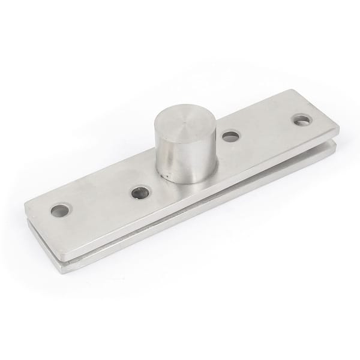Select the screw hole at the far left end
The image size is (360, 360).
click(59, 211)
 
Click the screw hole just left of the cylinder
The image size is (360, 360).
click(140, 193)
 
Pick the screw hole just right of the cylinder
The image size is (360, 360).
click(231, 136)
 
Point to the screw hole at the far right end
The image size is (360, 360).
click(302, 120)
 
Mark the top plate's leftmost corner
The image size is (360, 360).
click(25, 206)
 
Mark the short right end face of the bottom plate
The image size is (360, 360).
click(334, 151)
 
